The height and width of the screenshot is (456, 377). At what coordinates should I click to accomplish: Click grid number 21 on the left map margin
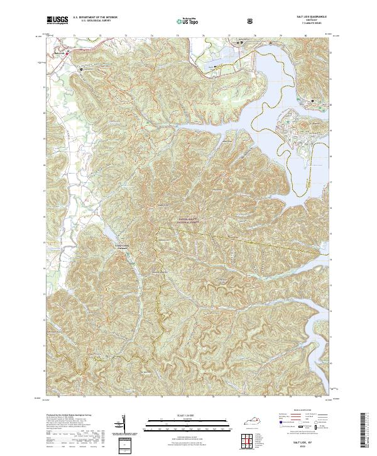(x=43, y=87)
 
